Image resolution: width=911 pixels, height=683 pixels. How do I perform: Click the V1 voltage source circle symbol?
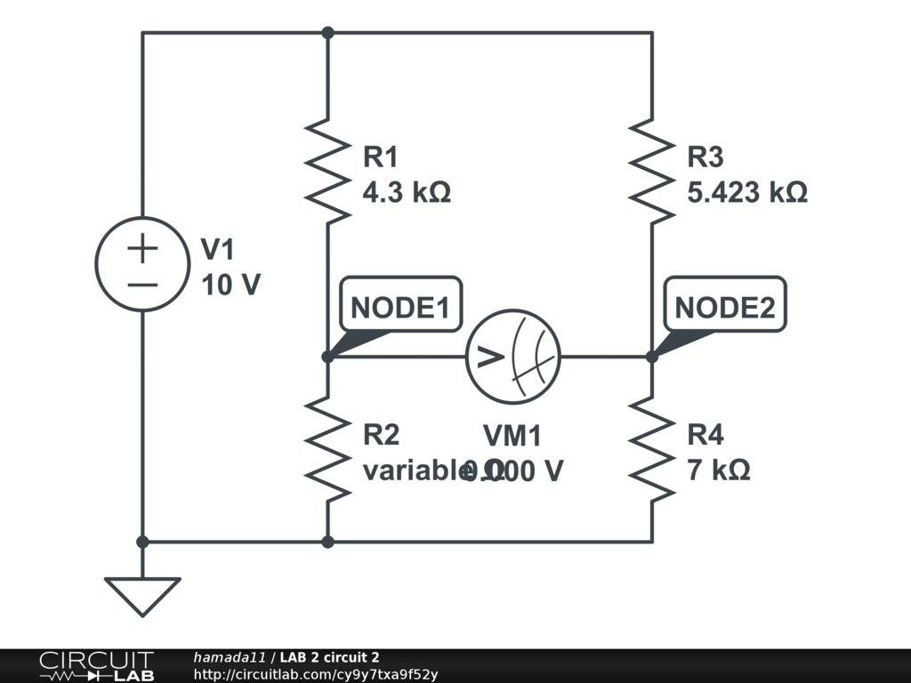pyautogui.click(x=142, y=263)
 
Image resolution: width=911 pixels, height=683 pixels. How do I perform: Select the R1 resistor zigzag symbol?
pyautogui.click(x=327, y=172)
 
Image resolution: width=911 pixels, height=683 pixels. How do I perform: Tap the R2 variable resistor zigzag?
pyautogui.click(x=327, y=449)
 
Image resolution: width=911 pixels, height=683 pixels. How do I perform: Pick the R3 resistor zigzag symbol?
pyautogui.click(x=651, y=172)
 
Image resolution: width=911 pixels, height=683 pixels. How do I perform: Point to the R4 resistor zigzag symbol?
pyautogui.click(x=651, y=449)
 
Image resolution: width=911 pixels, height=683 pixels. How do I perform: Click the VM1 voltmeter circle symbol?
pyautogui.click(x=513, y=357)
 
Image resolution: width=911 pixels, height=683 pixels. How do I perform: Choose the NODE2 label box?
pyautogui.click(x=725, y=308)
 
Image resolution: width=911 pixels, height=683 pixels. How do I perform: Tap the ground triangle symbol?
pyautogui.click(x=142, y=595)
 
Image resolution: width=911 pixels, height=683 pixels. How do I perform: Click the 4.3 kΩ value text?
pyautogui.click(x=407, y=192)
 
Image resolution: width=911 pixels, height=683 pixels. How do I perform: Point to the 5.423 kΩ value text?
pyautogui.click(x=747, y=192)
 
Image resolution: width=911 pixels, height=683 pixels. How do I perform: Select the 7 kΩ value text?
pyautogui.click(x=719, y=470)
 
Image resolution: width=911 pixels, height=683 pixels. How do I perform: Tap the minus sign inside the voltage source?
pyautogui.click(x=142, y=285)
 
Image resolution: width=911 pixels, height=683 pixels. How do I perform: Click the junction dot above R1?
pyautogui.click(x=327, y=33)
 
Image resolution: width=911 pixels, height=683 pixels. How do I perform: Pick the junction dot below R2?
pyautogui.click(x=327, y=541)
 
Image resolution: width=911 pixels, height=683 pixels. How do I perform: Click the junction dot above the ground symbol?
pyautogui.click(x=142, y=541)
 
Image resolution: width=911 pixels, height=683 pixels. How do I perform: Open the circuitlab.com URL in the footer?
pyautogui.click(x=316, y=674)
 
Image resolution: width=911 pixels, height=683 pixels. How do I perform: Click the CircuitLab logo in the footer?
pyautogui.click(x=96, y=666)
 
